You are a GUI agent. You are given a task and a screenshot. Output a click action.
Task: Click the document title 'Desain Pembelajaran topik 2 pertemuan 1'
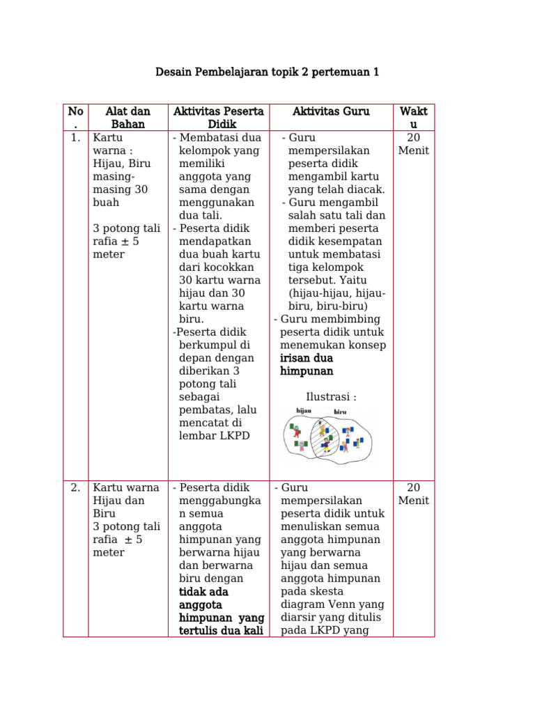[267, 72]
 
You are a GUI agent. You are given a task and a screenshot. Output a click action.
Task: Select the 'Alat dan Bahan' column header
[127, 118]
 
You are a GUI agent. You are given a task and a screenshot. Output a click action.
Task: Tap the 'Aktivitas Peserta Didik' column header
[218, 118]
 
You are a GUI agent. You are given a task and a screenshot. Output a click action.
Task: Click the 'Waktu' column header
[414, 118]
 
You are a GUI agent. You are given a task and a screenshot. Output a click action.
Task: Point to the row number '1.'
[75, 138]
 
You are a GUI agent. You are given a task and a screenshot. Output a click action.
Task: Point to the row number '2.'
[75, 487]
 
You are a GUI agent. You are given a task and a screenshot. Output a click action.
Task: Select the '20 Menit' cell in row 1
[414, 144]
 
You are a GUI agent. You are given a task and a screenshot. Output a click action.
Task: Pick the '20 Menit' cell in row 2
[414, 494]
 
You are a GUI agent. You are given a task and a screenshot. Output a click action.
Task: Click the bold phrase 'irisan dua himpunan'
[307, 364]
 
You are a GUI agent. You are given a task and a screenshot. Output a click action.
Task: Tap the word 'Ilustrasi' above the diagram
[331, 397]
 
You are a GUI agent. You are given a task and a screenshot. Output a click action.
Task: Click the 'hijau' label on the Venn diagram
[304, 411]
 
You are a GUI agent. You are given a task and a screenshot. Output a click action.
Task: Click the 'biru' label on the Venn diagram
[340, 412]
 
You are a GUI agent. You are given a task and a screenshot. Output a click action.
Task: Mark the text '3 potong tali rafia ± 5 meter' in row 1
[126, 241]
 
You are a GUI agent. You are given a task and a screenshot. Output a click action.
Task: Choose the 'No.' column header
[75, 118]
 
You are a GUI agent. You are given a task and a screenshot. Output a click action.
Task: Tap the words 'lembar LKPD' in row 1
[213, 436]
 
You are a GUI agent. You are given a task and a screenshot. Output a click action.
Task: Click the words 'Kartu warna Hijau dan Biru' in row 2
[125, 500]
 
